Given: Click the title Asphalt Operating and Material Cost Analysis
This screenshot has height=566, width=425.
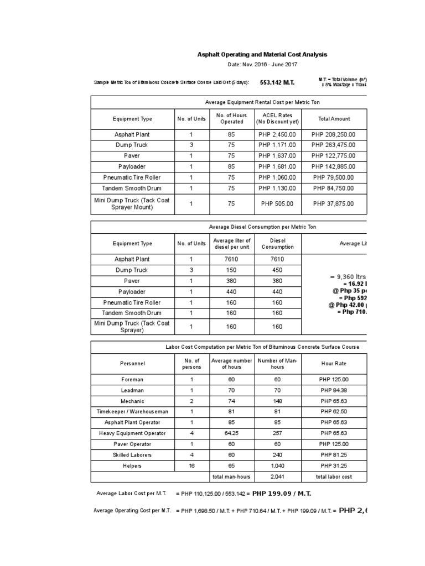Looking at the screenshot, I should pos(262,55).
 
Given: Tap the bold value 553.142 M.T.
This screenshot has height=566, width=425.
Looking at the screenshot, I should pos(277,82).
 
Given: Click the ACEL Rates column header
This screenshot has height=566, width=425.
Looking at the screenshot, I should pos(277,118).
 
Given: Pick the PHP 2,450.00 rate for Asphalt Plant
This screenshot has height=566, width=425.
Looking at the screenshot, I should pos(277,134).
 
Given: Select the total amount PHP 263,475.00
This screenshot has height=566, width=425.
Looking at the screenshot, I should pos(334,145).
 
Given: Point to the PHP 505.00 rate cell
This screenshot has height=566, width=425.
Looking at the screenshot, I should pos(277,203).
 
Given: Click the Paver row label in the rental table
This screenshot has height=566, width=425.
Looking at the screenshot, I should pos(132,156).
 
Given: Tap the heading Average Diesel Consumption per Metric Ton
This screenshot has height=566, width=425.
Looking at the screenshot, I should pos(262,227).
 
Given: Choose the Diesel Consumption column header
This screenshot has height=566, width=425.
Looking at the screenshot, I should pos(277,244).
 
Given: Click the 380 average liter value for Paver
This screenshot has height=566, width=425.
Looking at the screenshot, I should pos(231,281).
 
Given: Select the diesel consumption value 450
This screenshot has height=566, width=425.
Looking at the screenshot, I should pos(277,270).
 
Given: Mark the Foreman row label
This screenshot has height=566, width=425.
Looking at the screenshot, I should pos(132,380).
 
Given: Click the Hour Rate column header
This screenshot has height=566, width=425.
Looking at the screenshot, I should pos(334,363).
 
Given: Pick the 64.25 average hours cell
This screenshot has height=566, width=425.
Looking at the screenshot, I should pos(231,433).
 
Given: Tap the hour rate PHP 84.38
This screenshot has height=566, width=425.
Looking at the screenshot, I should pos(334,390).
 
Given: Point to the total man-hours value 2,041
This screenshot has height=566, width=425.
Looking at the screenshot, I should pos(277,476).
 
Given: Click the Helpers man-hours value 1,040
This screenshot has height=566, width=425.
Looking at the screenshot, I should pos(277,466).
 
